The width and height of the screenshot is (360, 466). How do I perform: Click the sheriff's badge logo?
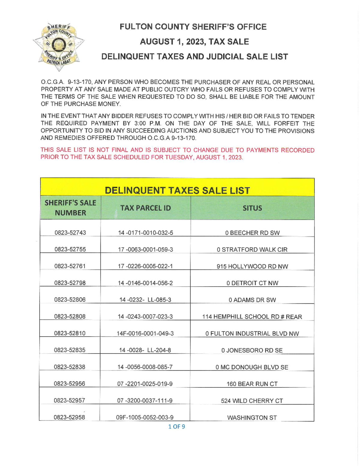tap(59, 47)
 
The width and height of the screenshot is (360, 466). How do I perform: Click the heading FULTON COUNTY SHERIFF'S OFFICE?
tap(193, 27)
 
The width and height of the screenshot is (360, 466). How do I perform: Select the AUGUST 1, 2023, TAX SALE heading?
tap(194, 42)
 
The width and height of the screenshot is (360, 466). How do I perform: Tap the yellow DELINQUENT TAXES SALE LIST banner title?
tap(177, 190)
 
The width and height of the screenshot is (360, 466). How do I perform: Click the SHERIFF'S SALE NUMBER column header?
tap(70, 208)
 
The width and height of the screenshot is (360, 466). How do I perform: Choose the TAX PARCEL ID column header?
tap(145, 208)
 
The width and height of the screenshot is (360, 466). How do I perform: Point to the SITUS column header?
tap(252, 208)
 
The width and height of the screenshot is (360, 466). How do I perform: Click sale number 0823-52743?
tap(70, 233)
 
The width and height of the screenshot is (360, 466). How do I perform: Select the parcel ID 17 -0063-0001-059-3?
tap(145, 250)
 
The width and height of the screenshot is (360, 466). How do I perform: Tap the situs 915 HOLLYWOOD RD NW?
tap(252, 266)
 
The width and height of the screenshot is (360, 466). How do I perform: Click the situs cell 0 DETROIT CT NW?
tap(252, 283)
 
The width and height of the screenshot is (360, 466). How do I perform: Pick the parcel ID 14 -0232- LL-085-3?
tap(145, 300)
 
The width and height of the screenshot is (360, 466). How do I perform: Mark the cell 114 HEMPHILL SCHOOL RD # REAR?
tap(252, 317)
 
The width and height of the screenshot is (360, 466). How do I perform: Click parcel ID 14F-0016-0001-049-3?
tap(145, 333)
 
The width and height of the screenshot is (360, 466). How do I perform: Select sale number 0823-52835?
tap(70, 350)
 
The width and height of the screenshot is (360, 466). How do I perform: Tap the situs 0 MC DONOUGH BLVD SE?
tap(252, 367)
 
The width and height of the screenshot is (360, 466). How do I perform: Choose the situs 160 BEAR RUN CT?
tap(252, 384)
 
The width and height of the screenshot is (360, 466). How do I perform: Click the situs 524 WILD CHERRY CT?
tap(252, 401)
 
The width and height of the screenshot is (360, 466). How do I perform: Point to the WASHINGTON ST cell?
tap(252, 417)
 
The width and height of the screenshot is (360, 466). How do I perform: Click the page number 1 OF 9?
tap(177, 426)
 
